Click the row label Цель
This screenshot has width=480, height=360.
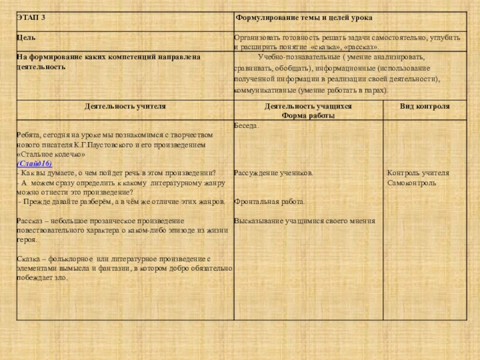(x=26, y=37)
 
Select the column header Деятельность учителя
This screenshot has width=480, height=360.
(x=125, y=106)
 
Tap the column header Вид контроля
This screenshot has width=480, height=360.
(x=425, y=106)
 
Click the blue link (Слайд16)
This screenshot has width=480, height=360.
(x=35, y=163)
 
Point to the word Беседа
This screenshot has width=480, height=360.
(x=247, y=126)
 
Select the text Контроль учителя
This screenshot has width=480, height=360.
(x=418, y=173)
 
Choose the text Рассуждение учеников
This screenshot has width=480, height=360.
(x=273, y=173)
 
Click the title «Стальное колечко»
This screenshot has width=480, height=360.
(x=49, y=154)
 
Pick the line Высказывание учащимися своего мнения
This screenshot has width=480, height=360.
(x=304, y=221)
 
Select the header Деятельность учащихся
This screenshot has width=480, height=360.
(x=308, y=106)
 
